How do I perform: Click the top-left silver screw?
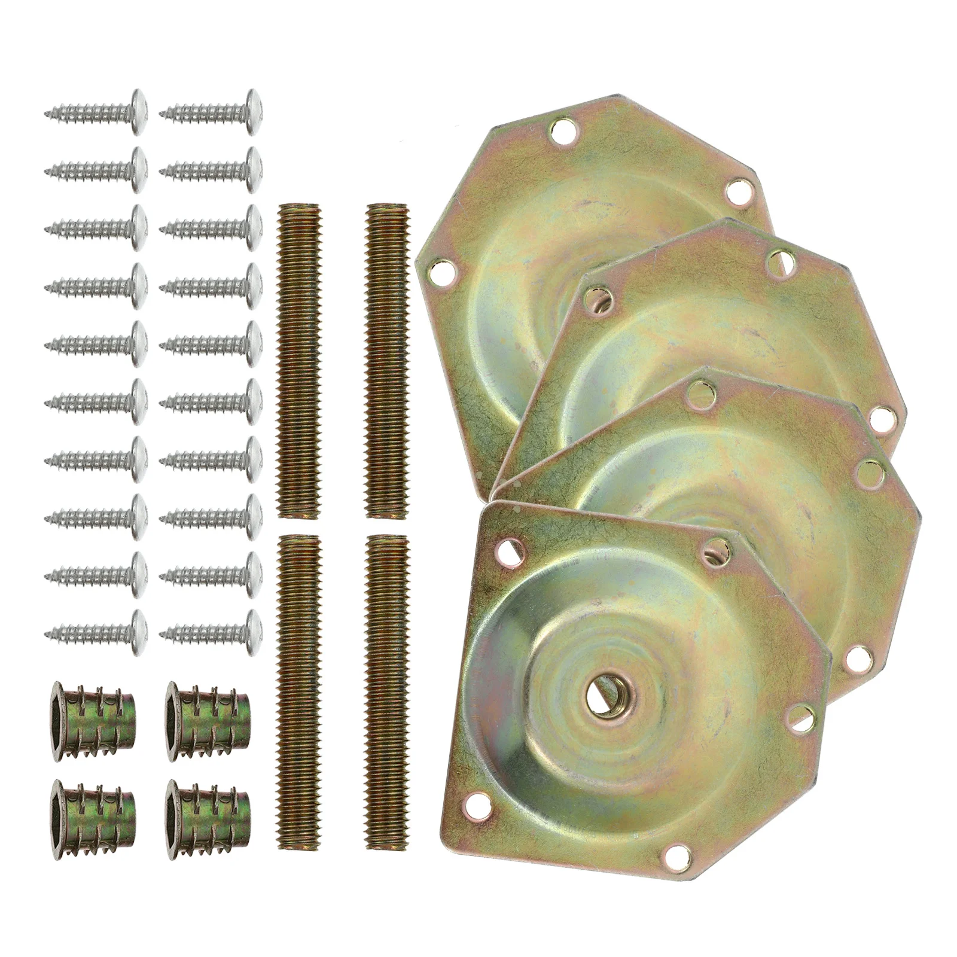coord(96,111)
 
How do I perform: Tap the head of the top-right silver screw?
coord(254,111)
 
